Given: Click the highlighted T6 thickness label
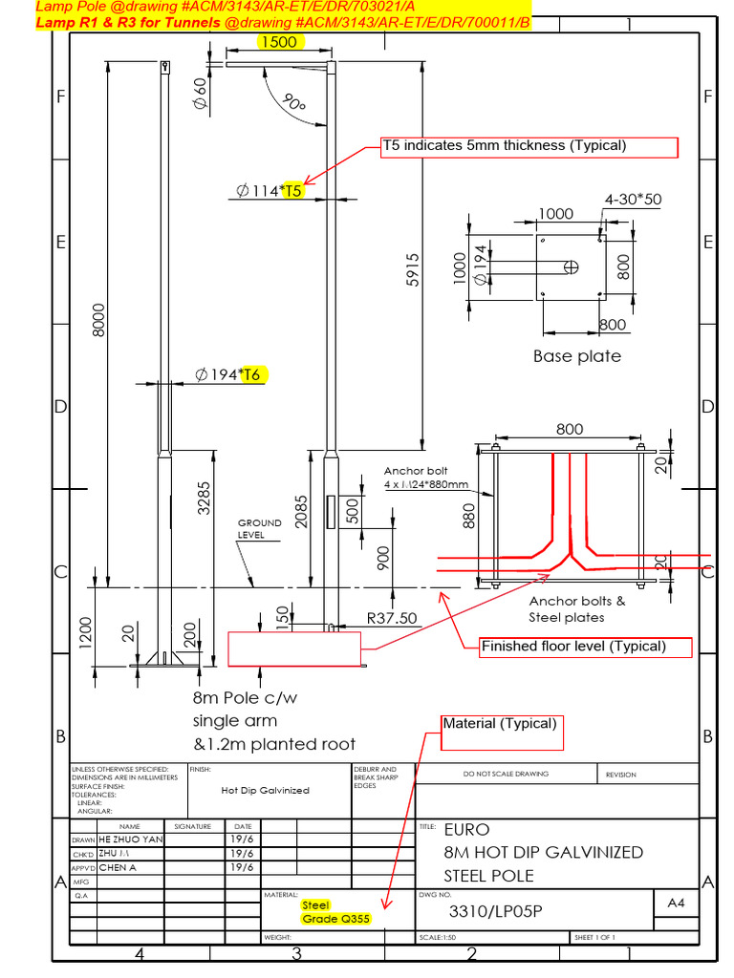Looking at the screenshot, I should (x=251, y=374).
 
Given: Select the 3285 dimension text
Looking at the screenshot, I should (x=204, y=497).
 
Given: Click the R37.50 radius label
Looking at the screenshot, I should (x=392, y=618).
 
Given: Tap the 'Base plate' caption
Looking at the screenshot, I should (x=576, y=356).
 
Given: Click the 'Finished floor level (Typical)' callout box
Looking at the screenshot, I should (x=586, y=647).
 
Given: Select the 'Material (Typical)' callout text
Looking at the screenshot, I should (x=499, y=724).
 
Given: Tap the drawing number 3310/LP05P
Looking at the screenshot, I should (x=495, y=911).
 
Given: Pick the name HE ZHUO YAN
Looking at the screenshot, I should (x=131, y=839).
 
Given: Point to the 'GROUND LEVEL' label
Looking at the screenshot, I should (x=259, y=529).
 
